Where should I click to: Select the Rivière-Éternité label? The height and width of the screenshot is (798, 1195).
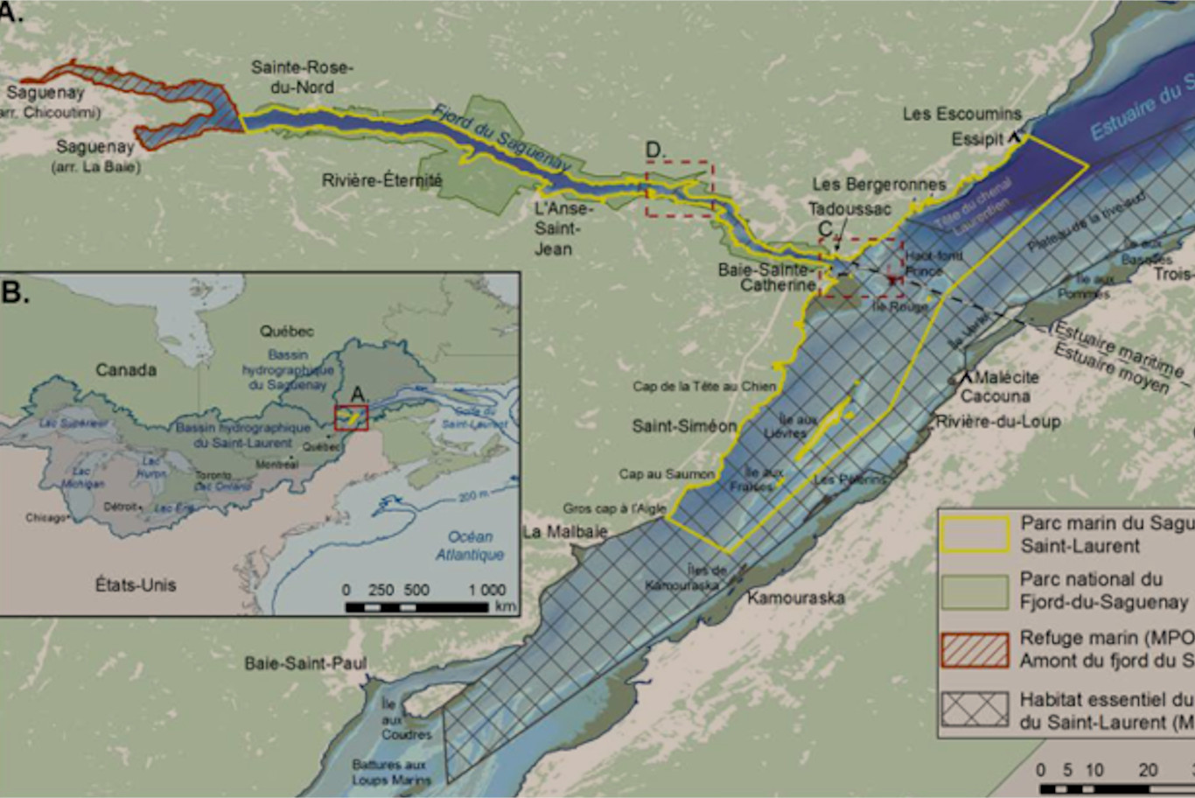(382, 180)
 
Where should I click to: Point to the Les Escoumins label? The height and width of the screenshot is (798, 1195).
(961, 114)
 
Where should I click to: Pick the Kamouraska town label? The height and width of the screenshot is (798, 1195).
(796, 598)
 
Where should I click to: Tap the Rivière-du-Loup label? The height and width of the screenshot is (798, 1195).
(998, 422)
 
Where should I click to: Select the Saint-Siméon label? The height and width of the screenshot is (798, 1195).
(685, 426)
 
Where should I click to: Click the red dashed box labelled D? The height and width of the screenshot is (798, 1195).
(680, 188)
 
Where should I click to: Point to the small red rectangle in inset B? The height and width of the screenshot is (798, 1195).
(351, 418)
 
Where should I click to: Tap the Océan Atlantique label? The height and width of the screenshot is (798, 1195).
(470, 546)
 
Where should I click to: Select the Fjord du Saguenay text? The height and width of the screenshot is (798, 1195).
(502, 138)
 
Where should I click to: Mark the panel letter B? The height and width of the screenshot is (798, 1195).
(15, 291)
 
